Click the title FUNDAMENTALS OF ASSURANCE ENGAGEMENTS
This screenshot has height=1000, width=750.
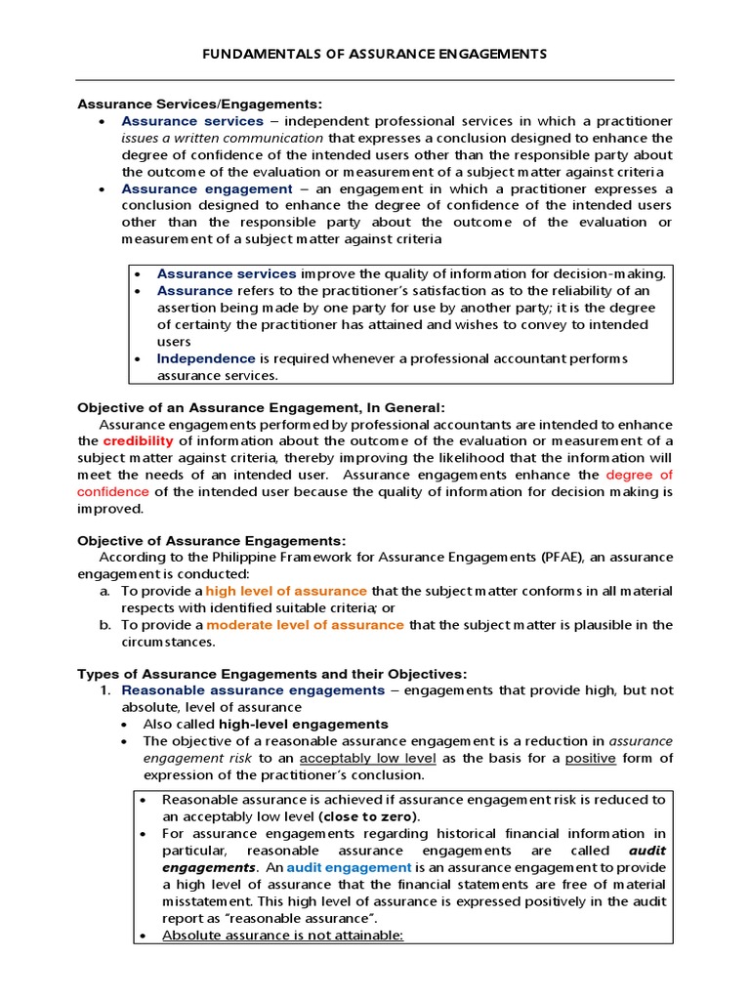pos(375,53)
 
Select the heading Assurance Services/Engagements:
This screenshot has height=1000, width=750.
pos(199,104)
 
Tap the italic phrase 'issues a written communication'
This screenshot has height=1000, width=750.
pos(222,138)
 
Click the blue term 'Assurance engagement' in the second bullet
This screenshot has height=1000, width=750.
pos(206,188)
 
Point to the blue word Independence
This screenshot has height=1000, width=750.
pos(206,358)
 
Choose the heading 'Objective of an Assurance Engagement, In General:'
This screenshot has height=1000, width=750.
pos(261,407)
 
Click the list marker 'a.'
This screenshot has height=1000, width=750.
pos(105,591)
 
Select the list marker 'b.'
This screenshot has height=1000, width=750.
pos(105,625)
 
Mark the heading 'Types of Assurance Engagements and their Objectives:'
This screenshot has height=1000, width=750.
pos(272,674)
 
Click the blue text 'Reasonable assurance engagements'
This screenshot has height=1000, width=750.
pos(253,690)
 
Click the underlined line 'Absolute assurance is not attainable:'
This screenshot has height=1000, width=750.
pos(282,935)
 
